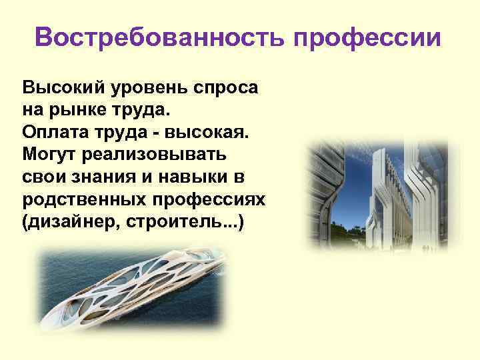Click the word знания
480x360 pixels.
pos(102,177)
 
